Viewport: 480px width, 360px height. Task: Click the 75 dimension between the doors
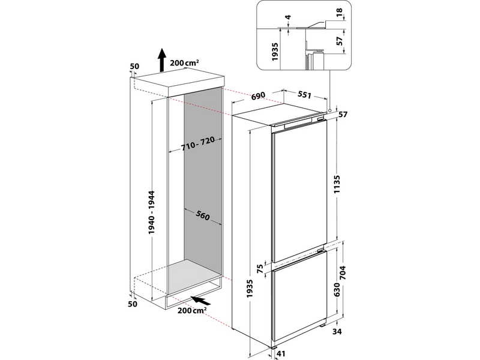click(x=260, y=269)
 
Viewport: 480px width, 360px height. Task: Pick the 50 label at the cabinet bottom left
click(x=133, y=304)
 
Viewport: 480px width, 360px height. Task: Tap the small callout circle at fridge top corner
click(x=330, y=110)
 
